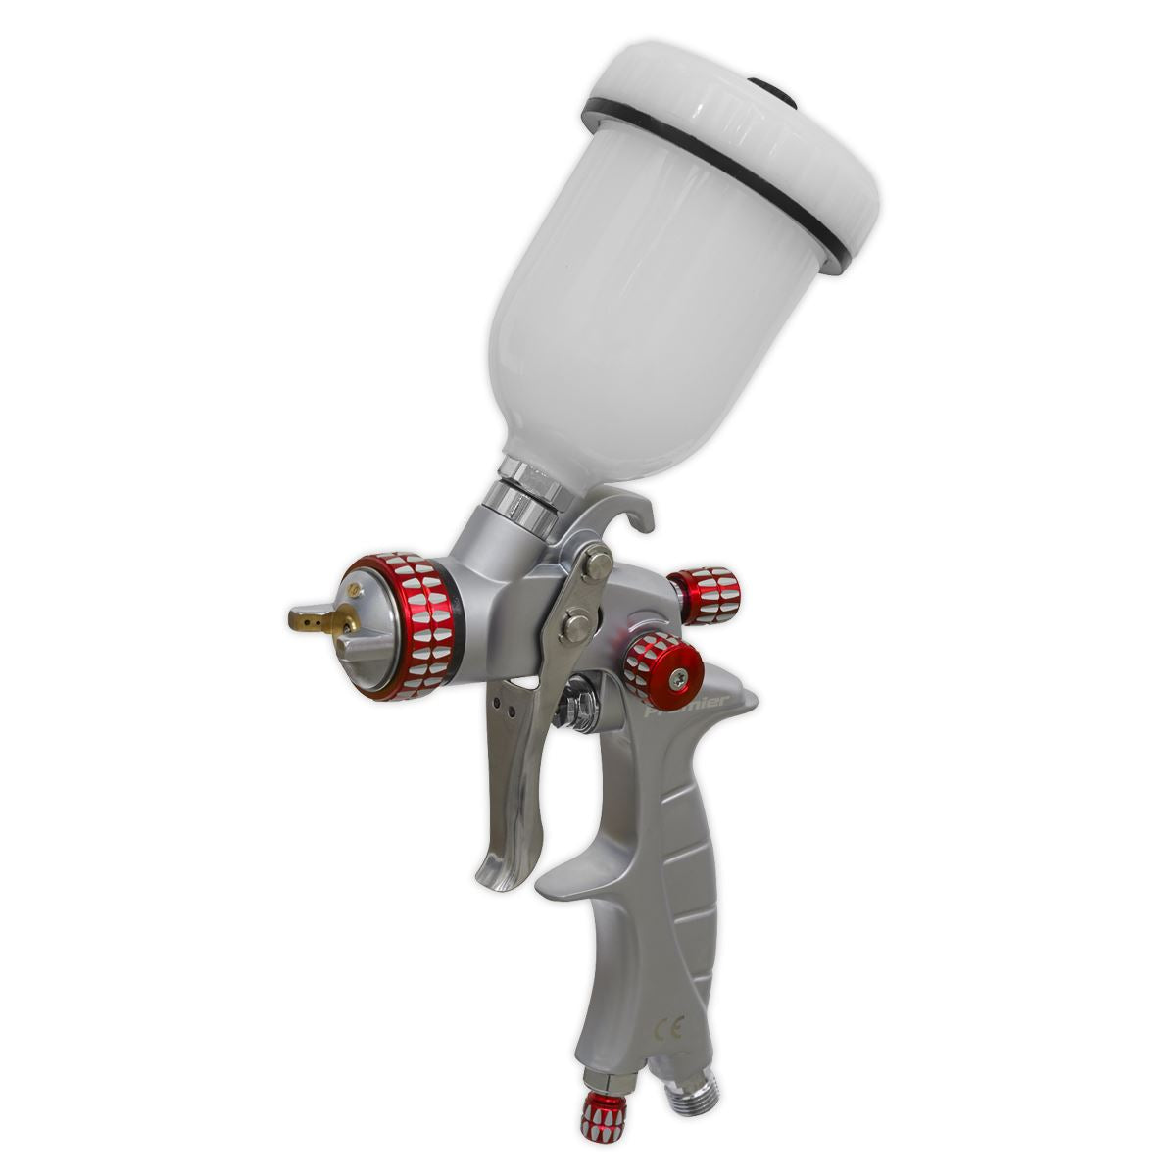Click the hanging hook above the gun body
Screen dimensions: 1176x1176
627,510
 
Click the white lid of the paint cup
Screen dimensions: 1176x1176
745,147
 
